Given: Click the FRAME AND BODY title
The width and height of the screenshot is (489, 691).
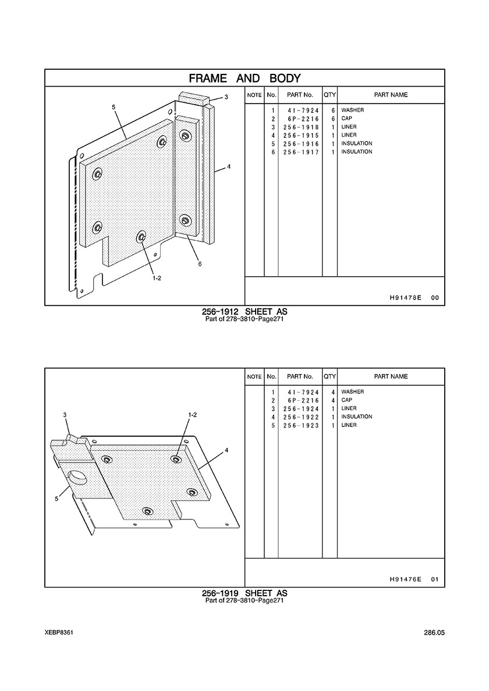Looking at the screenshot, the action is pos(245,79).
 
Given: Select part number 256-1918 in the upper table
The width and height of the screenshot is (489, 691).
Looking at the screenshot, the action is pos(301,127).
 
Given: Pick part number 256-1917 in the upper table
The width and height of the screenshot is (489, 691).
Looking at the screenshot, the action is pos(301,152).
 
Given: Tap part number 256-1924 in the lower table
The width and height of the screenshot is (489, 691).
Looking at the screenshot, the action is pos(301,409).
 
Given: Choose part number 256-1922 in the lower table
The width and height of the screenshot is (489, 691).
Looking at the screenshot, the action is pos(301,417).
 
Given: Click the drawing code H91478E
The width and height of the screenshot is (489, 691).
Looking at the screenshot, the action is pos(406,298).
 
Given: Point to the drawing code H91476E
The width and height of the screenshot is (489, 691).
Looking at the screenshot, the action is pos(406,579).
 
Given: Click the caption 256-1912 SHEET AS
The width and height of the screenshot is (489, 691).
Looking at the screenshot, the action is pos(245,312).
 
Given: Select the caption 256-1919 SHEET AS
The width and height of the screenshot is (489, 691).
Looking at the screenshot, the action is pos(245,594).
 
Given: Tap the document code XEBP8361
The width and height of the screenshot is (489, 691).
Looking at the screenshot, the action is pos(59,633).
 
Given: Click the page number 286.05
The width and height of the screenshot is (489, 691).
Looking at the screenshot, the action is pos(434,633).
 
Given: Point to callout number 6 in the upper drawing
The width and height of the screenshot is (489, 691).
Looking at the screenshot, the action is pos(200,264).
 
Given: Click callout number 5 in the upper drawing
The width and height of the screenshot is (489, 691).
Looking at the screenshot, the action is pos(114,107).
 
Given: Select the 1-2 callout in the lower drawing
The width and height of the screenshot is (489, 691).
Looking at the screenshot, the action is pos(193,415).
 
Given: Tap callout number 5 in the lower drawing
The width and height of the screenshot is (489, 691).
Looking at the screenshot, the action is pos(56,499).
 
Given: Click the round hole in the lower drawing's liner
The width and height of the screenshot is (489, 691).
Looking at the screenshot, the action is pos(78,478).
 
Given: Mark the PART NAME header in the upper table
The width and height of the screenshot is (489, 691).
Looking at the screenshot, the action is pos(391,95).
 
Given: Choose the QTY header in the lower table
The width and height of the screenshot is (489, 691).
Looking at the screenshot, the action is pos(330,377).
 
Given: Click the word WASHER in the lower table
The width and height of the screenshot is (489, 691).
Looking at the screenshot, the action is pos(353,392).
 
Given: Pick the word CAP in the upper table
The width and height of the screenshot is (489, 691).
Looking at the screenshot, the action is pos(347,119).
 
